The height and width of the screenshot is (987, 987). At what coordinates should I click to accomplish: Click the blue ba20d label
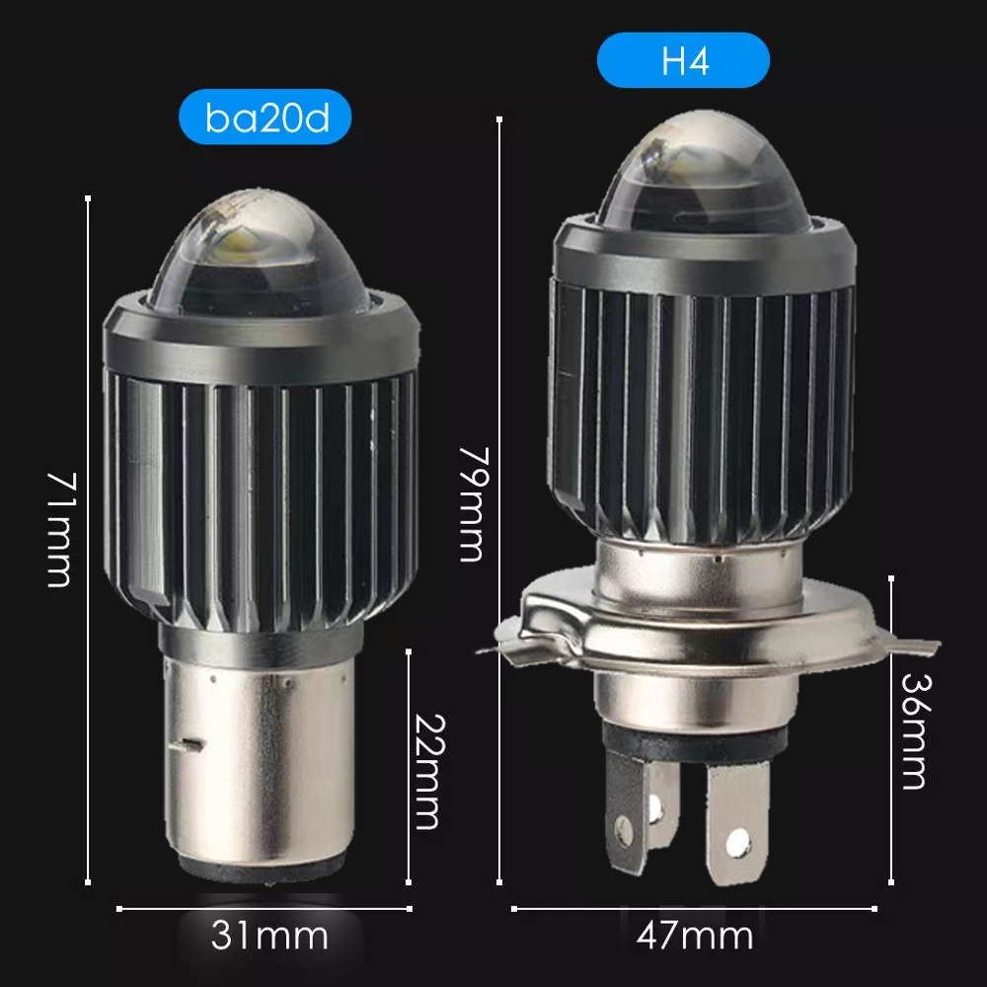click(265, 117)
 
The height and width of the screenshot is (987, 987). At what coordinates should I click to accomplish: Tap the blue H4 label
click(684, 60)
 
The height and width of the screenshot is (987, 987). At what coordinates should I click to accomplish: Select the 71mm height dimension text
click(61, 530)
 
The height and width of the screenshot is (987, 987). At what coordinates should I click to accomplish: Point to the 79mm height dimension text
click(473, 503)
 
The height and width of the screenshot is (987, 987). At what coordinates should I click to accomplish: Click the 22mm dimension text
click(430, 772)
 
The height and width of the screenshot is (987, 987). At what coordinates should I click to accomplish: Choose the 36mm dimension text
click(915, 731)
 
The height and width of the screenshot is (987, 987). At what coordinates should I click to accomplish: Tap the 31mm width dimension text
click(269, 936)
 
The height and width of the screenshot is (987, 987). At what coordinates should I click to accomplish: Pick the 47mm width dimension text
click(694, 936)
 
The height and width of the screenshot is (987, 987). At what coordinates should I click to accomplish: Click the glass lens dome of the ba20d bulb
click(260, 252)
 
